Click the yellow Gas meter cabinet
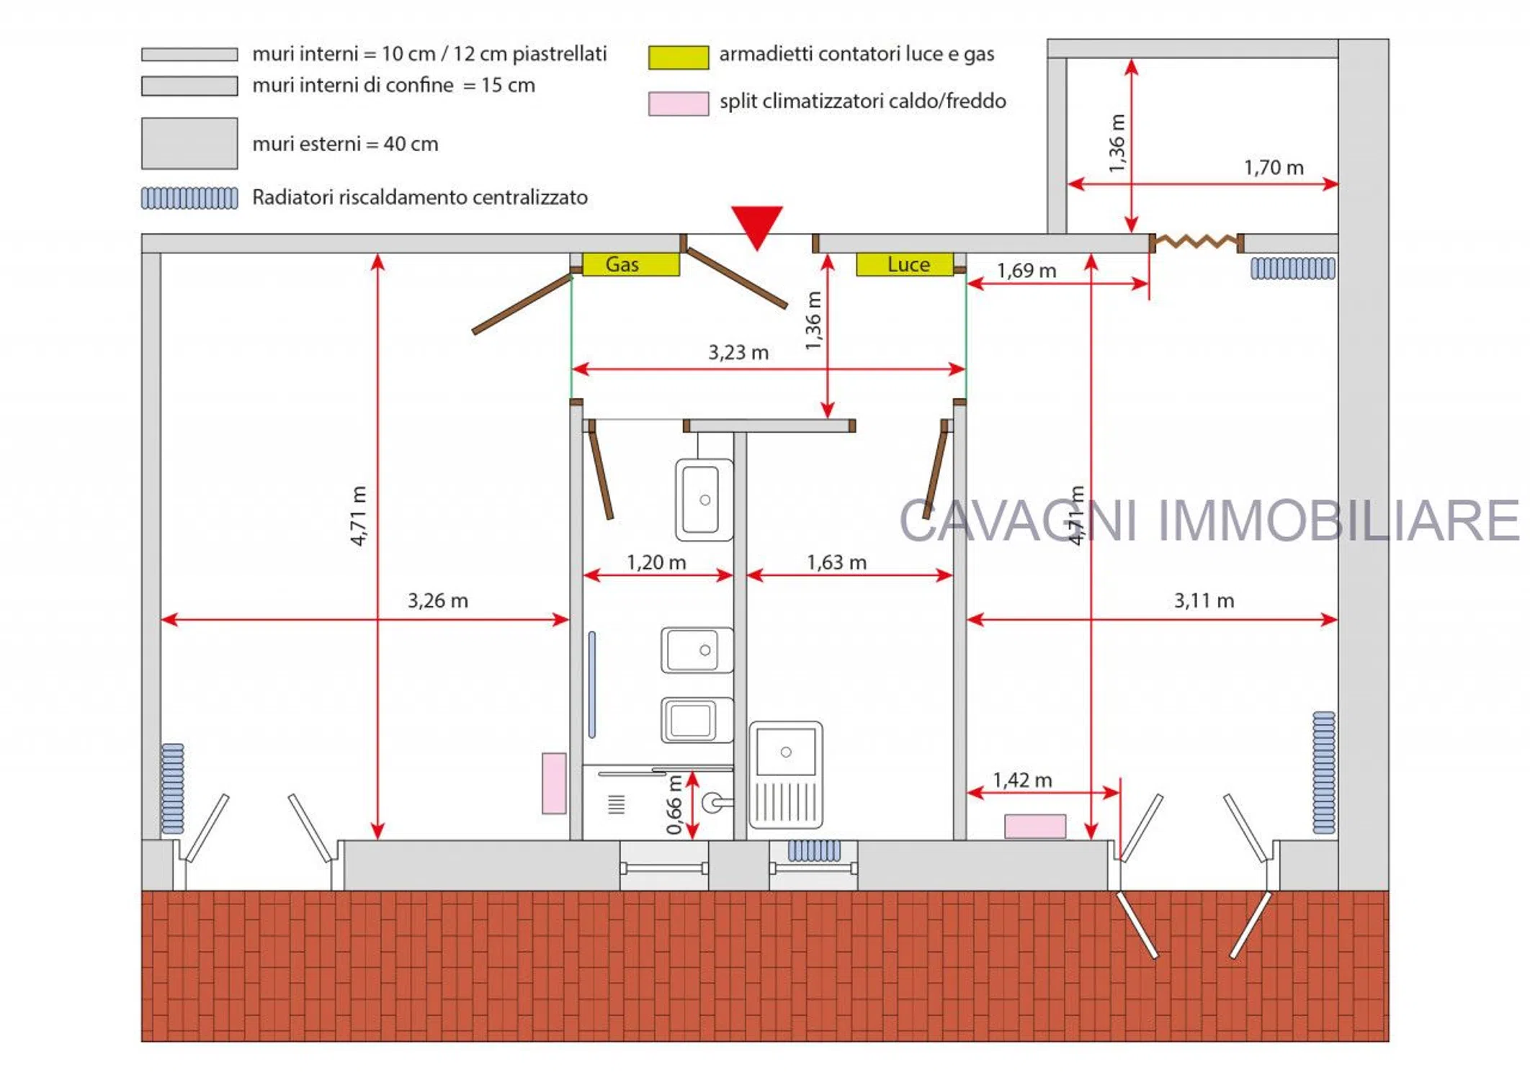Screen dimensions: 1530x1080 (630, 264)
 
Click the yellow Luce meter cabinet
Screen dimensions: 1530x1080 (905, 264)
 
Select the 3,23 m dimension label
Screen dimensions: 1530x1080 (738, 353)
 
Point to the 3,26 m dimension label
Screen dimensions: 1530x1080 (438, 600)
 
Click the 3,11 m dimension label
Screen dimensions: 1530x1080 (1204, 600)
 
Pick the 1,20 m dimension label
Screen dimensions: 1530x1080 (656, 562)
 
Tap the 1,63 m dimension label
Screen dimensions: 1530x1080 (836, 562)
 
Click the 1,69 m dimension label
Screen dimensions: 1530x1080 (1026, 271)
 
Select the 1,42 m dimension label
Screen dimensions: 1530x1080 (1022, 780)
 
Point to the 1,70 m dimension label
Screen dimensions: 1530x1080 (1274, 168)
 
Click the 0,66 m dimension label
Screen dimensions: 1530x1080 (674, 805)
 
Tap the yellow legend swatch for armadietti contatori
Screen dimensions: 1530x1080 (679, 58)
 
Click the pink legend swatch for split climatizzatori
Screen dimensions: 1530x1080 (679, 104)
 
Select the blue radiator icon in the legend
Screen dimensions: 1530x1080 (189, 198)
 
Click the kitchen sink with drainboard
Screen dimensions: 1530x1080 (786, 775)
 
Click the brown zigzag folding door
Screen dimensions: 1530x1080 (1196, 241)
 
